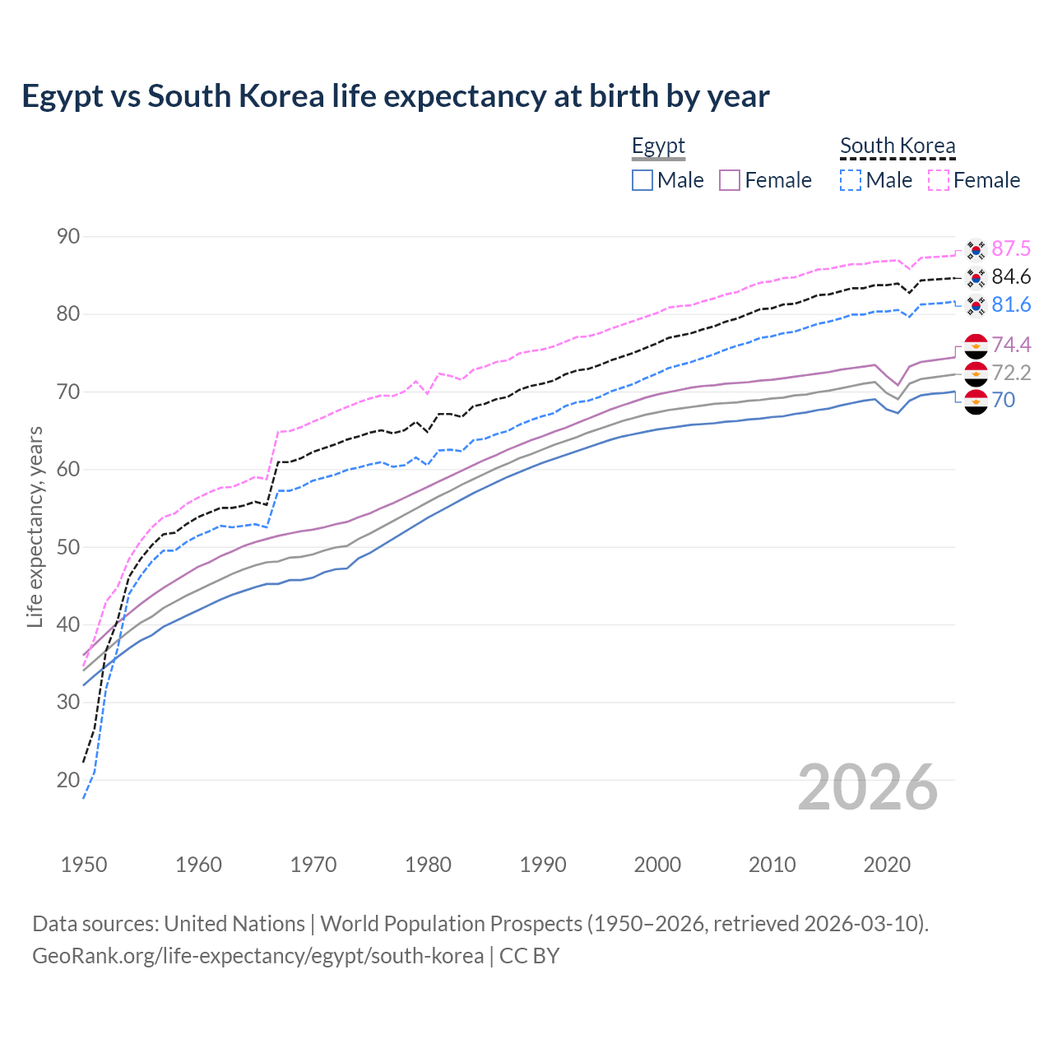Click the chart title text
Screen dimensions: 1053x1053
tap(395, 96)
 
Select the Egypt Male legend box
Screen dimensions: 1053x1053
tap(642, 180)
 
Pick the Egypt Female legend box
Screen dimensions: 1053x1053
tap(730, 180)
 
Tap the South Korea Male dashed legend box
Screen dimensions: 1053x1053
tap(851, 180)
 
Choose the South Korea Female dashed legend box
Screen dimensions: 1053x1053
tap(939, 180)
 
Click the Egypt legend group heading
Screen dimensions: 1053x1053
tap(658, 146)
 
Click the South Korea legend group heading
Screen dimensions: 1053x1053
tap(898, 146)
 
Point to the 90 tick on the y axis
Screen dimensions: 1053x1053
tap(68, 237)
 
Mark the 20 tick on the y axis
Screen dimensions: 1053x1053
tap(68, 780)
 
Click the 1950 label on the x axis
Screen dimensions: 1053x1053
tap(84, 865)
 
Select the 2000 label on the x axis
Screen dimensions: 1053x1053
tap(657, 865)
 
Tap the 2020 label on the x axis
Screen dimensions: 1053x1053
tap(887, 865)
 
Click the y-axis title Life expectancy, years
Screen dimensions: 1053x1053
tap(35, 526)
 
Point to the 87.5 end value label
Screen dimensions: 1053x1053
tap(1011, 248)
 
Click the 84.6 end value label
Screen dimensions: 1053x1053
tap(1011, 276)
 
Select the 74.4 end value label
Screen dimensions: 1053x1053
tap(1011, 345)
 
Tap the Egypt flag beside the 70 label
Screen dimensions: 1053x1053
tap(976, 401)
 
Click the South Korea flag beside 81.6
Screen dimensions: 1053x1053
tap(976, 306)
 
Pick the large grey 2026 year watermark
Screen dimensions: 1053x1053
tap(868, 787)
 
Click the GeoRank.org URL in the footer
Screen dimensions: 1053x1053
tap(257, 956)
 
